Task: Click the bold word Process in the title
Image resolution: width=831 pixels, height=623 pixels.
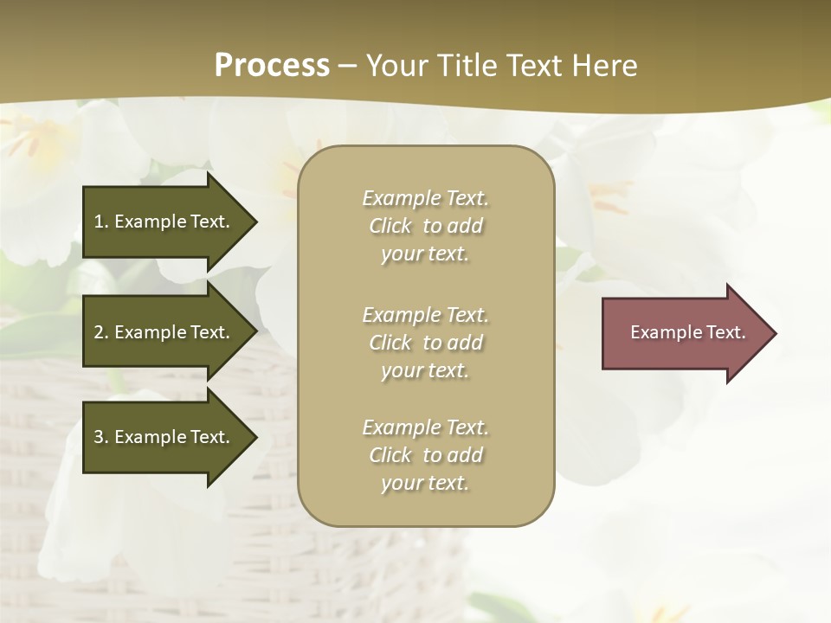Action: [272, 65]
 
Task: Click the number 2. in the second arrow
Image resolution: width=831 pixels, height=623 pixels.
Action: [101, 332]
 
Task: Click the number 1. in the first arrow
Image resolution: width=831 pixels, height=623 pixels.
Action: [101, 222]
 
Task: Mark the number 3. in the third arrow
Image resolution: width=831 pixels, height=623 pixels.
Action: [101, 437]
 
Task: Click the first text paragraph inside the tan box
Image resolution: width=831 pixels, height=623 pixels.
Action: [425, 226]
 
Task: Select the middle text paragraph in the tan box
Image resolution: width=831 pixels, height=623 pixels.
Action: [425, 343]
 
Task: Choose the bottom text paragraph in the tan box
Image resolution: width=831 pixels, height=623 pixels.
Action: [425, 455]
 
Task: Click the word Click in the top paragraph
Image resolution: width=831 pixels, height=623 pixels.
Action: [390, 226]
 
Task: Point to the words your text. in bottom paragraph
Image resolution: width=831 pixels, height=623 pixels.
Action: [425, 484]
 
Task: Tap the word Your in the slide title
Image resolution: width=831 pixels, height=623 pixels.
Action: [397, 65]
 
